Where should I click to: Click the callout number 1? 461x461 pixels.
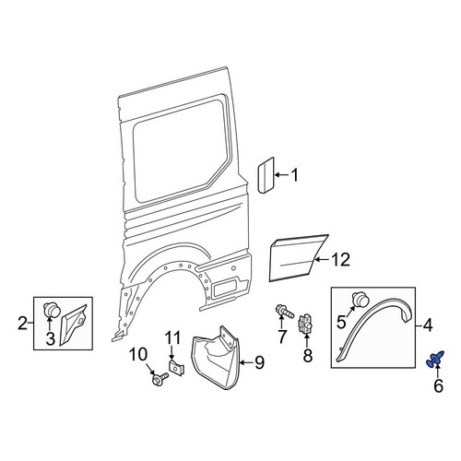coord(294,175)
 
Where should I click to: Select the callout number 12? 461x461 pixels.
coord(340,260)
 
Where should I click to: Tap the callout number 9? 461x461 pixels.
coord(259,362)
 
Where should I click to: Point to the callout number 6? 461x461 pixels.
coord(438,385)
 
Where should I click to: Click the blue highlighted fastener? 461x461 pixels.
coord(435,359)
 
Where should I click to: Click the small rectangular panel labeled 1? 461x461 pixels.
coord(266,175)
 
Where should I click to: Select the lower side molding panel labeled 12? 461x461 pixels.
coord(297,258)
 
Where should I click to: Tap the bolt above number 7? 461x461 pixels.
coord(285,311)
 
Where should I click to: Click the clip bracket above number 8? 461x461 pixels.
coord(306,324)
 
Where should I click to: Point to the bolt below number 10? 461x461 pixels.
coord(160,379)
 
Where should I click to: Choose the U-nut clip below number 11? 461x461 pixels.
coord(176,367)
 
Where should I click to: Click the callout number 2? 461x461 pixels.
coord(22,324)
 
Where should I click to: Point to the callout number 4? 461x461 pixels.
coord(428,325)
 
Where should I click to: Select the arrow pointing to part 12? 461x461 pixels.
coord(323,260)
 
